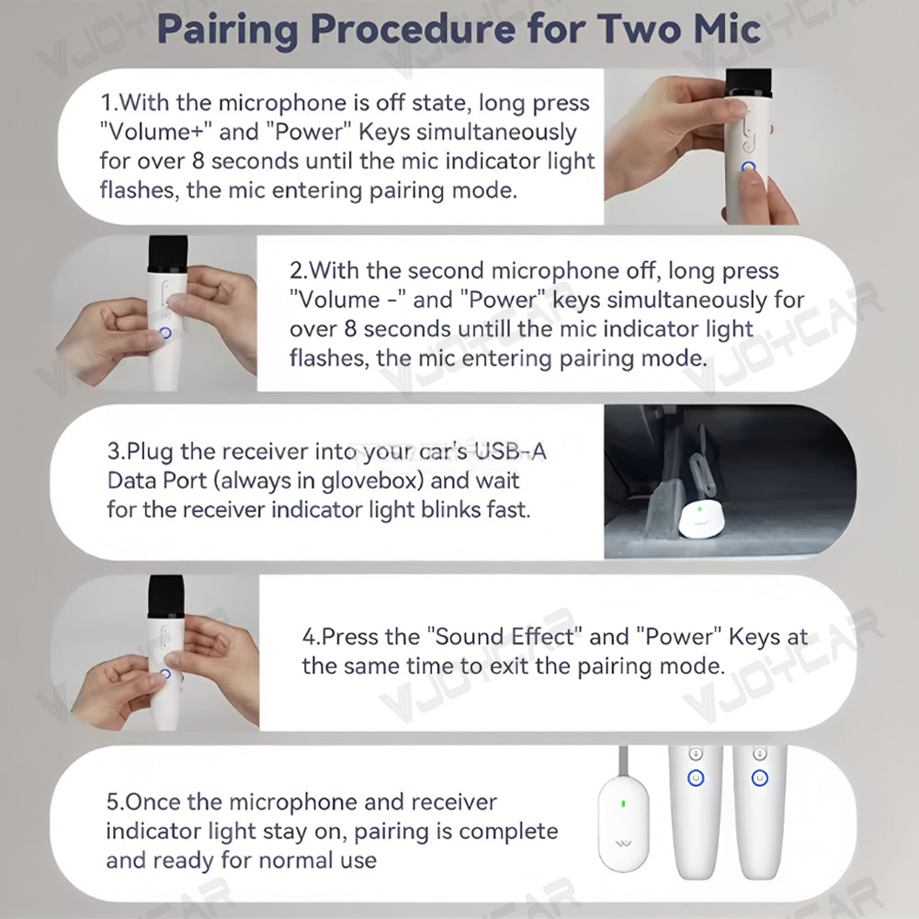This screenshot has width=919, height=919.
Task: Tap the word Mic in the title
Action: [727, 28]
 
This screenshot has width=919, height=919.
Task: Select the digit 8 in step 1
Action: [199, 161]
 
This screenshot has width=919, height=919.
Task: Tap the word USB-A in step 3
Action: [510, 451]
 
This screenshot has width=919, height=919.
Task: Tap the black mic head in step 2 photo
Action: [168, 254]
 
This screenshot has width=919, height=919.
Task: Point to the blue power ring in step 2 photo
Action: [165, 333]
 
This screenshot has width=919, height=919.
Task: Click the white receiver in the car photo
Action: [701, 518]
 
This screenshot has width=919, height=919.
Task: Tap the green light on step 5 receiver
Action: [623, 803]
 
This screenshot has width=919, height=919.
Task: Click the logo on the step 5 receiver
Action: [623, 845]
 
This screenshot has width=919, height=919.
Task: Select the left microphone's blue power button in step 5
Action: [696, 777]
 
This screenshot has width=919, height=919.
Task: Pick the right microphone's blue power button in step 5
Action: [760, 777]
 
